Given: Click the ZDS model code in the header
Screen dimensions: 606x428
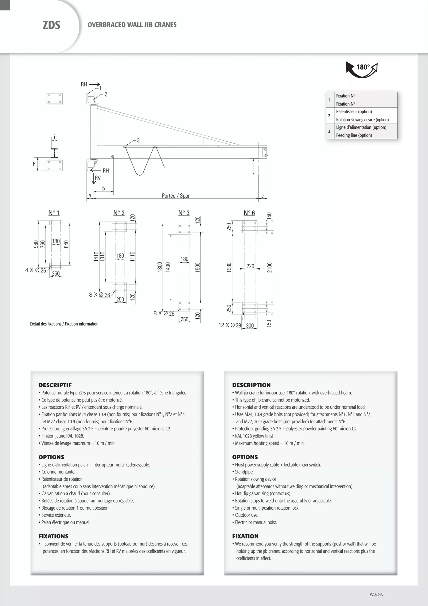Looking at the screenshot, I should (x=51, y=25).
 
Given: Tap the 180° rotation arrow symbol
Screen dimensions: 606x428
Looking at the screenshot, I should (x=362, y=69).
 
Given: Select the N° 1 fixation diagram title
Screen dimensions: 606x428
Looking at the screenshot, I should (x=54, y=213).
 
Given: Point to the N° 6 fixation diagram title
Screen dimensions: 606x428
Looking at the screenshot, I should (x=249, y=213).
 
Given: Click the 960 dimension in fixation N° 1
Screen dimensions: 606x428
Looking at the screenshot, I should (x=36, y=244).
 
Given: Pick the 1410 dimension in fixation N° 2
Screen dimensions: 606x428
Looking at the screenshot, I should (x=96, y=256).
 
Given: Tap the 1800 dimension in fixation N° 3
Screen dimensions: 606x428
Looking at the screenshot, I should (x=160, y=267).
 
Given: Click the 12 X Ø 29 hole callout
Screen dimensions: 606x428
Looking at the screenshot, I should (x=230, y=325).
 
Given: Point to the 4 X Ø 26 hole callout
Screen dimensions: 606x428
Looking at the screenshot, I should (x=36, y=270).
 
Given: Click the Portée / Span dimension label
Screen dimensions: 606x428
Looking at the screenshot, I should (x=176, y=196).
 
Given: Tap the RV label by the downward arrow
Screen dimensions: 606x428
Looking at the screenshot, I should (x=98, y=178).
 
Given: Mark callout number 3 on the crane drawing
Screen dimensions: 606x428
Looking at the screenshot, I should (x=138, y=140).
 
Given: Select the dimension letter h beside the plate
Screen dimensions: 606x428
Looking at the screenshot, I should (x=34, y=165).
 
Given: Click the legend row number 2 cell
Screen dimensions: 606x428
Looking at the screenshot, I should (x=329, y=116).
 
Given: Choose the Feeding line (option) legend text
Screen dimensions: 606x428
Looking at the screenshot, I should (x=354, y=135).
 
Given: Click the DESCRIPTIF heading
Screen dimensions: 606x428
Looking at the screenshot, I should (x=55, y=385).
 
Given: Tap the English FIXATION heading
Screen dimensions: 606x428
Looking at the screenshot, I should (x=245, y=536).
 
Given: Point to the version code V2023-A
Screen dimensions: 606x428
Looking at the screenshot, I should (x=376, y=594).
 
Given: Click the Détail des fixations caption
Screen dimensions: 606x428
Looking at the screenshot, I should (x=64, y=324).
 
